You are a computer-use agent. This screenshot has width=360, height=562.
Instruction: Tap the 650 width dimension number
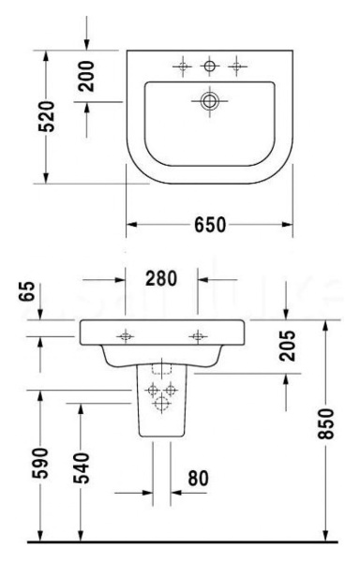[x=210, y=226]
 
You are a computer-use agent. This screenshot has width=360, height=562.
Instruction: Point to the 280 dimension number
[x=161, y=278]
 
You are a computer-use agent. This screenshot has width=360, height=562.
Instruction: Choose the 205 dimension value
[x=287, y=348]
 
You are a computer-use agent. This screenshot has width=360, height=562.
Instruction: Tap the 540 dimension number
[x=85, y=472]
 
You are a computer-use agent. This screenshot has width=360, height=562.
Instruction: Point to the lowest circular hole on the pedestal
[x=162, y=404]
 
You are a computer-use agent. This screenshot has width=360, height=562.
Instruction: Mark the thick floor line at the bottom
[x=178, y=542]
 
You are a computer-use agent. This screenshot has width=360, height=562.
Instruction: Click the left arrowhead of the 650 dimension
[x=131, y=226]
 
